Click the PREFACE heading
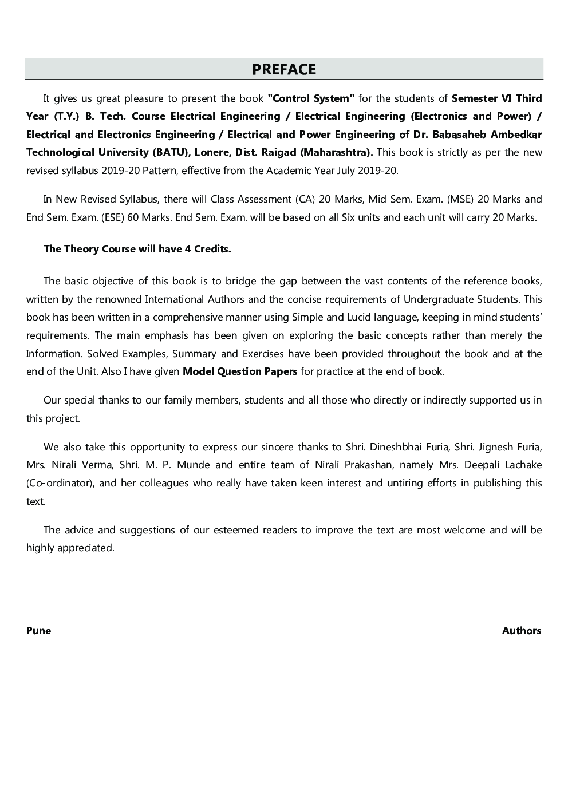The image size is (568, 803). [x=284, y=69]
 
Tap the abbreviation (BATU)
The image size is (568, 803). [x=168, y=152]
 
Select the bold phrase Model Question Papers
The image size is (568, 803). [x=239, y=371]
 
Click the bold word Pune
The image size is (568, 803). [x=38, y=631]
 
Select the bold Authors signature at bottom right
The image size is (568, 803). [x=521, y=631]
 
